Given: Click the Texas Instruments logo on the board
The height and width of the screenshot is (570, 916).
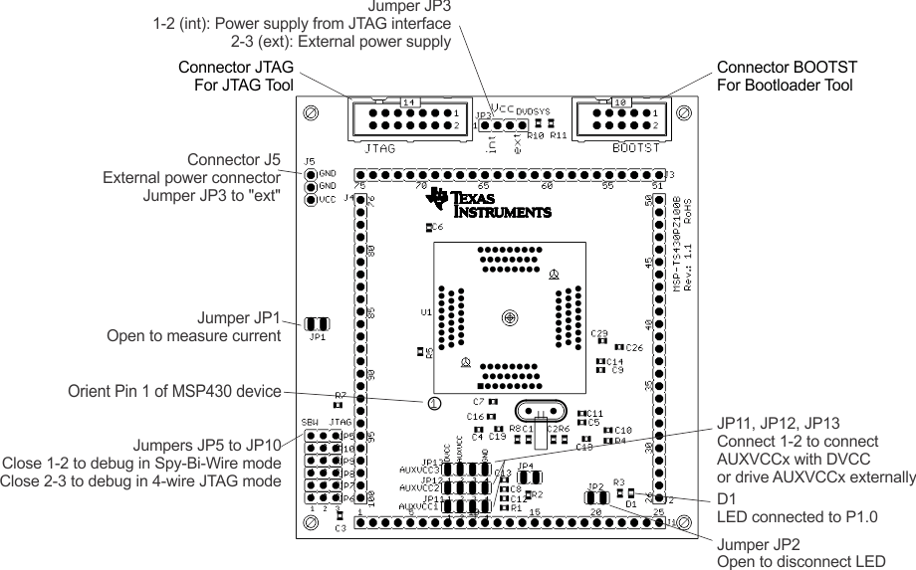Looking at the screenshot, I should pyautogui.click(x=488, y=203).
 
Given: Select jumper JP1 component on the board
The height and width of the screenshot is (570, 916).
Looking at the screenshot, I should pyautogui.click(x=317, y=324).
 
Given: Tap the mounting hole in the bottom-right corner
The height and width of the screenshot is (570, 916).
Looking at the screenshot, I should pyautogui.click(x=682, y=521).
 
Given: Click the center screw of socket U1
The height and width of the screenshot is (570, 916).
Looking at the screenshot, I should pyautogui.click(x=510, y=317).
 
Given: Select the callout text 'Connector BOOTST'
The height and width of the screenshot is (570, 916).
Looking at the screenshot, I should pyautogui.click(x=787, y=67).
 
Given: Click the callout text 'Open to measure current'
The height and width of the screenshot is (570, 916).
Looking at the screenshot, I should pyautogui.click(x=193, y=336).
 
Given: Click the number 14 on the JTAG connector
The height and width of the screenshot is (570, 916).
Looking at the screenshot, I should pyautogui.click(x=408, y=102).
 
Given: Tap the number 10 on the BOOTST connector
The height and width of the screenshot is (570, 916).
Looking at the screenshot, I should pyautogui.click(x=619, y=102).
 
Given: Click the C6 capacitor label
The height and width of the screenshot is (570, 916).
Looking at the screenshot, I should pyautogui.click(x=438, y=228).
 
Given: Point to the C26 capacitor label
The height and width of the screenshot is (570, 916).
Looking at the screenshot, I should pyautogui.click(x=634, y=347).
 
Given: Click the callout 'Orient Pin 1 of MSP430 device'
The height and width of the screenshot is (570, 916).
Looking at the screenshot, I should pyautogui.click(x=174, y=391).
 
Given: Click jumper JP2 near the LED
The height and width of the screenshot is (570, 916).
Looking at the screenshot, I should pyautogui.click(x=595, y=495).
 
